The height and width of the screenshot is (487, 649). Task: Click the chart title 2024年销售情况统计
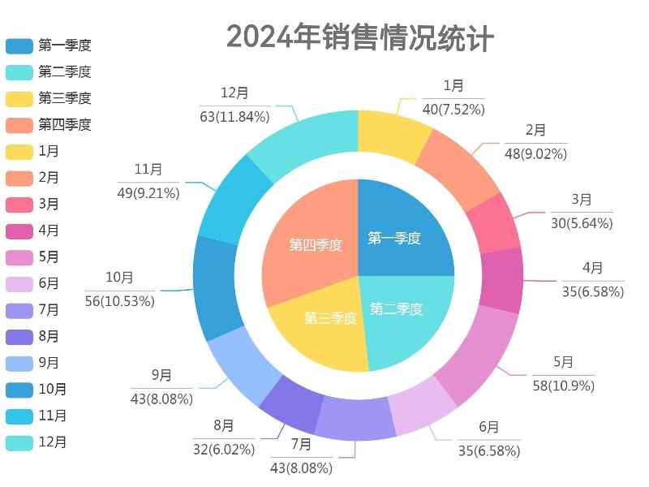359,37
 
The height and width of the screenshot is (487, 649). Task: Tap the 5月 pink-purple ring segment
479,354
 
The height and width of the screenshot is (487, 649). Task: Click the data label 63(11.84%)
234,116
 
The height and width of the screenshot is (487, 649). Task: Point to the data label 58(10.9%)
564,386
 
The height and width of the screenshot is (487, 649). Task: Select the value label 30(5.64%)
582,223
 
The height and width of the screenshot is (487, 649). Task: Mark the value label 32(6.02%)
224,449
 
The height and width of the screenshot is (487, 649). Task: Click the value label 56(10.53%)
119,301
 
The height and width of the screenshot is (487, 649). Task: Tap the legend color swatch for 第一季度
19,45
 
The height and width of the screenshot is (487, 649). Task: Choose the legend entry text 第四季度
65,125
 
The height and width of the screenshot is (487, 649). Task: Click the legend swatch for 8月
19,337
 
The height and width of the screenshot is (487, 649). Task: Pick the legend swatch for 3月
19,205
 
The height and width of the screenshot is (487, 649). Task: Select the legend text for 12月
53,442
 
